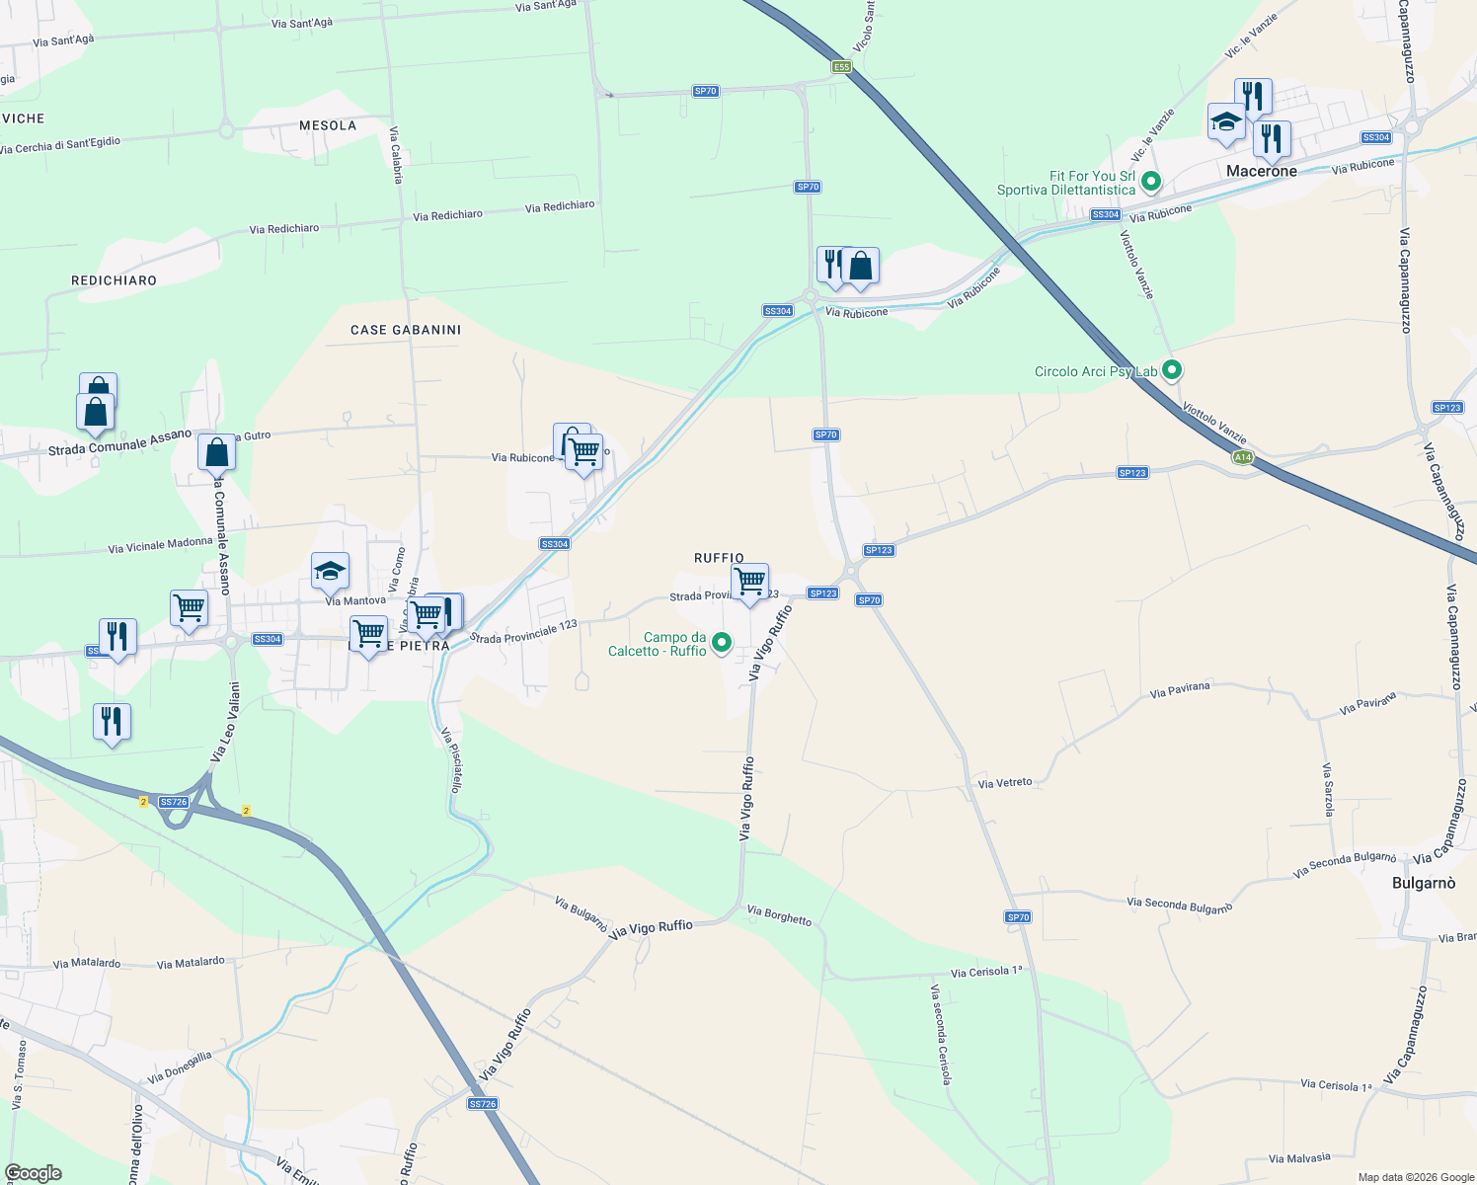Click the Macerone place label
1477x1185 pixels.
(x=1261, y=171)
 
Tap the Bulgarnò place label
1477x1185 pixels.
(x=1423, y=883)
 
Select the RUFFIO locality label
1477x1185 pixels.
(x=719, y=558)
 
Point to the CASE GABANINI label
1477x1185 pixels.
(x=406, y=330)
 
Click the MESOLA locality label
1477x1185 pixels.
(x=328, y=125)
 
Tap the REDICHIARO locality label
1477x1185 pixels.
(x=114, y=280)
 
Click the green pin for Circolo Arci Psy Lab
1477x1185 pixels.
(x=1172, y=370)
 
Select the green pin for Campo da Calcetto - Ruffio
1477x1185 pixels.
(x=722, y=643)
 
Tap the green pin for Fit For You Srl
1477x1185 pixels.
(x=1150, y=182)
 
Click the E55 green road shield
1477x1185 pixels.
(x=840, y=66)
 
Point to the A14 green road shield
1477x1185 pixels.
(x=1243, y=457)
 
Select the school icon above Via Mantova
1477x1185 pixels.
(x=330, y=570)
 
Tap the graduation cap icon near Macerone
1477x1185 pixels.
(x=1226, y=121)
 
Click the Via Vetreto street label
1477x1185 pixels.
(x=1004, y=783)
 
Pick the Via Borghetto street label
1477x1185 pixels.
(x=779, y=915)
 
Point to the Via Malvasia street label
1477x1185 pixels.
(x=1299, y=1158)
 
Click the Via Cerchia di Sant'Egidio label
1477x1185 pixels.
(x=60, y=145)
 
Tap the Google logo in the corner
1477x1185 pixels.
(x=34, y=1172)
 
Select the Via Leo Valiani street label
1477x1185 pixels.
(x=224, y=722)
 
